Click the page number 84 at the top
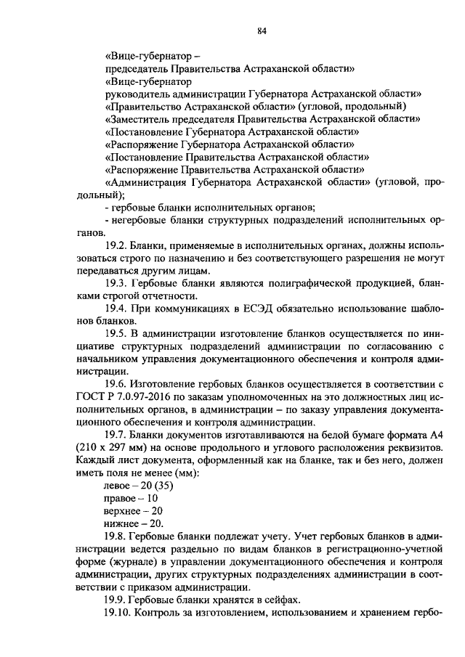262,30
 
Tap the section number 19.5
117,333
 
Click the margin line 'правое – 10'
132,497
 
